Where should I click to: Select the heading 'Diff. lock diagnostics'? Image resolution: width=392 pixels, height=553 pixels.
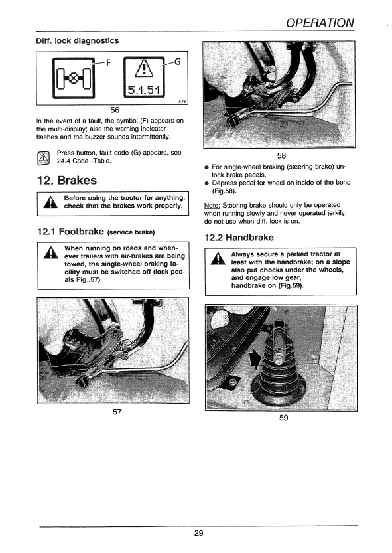click(x=77, y=40)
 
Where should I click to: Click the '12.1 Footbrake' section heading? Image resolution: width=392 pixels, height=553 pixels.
click(x=95, y=232)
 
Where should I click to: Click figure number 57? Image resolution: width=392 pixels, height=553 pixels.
click(x=117, y=412)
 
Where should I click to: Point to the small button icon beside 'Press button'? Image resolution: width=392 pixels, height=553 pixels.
click(x=44, y=158)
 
